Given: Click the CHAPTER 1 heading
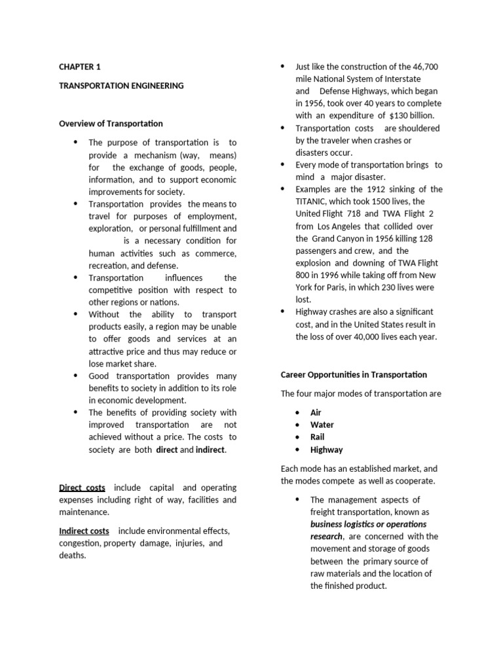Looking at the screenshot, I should [80, 67].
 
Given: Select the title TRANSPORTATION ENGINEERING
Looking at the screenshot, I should [121, 85].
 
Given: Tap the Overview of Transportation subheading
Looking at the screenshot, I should [111, 123].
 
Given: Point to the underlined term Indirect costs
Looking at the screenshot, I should [84, 531].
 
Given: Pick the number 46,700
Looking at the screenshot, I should [425, 67].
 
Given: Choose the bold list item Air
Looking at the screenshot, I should [316, 413].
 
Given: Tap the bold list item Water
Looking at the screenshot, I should [322, 425].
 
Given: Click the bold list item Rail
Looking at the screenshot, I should [318, 437].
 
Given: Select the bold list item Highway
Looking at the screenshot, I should [326, 450].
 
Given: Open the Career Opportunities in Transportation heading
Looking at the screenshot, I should [354, 375].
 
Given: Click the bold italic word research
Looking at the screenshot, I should [326, 537].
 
